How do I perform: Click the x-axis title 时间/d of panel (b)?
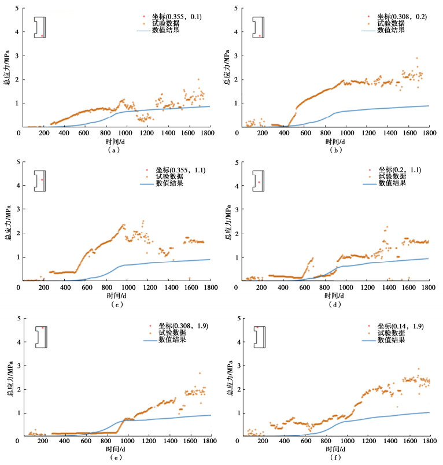pyautogui.click(x=337, y=141)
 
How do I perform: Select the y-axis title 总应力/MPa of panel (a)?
pyautogui.click(x=8, y=68)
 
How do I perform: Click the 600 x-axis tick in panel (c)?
pyautogui.click(x=85, y=287)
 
